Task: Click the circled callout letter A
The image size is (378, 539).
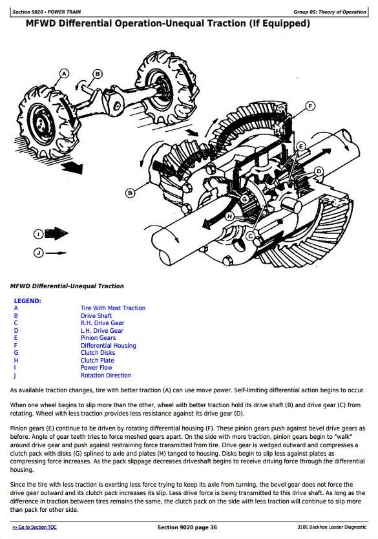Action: (x=64, y=73)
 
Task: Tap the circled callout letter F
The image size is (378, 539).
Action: (x=310, y=106)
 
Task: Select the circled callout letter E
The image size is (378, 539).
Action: (x=301, y=147)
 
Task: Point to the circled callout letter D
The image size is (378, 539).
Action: (x=319, y=171)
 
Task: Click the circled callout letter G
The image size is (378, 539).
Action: (x=245, y=199)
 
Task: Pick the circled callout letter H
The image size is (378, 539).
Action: (x=230, y=217)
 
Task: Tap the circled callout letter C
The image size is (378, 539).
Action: (x=251, y=236)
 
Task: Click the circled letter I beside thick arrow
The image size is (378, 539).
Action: (x=39, y=235)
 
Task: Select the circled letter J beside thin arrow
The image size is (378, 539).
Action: (x=39, y=253)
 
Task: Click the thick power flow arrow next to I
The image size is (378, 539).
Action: (x=56, y=234)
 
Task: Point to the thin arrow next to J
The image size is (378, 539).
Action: (x=56, y=253)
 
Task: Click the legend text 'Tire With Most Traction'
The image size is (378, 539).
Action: (x=113, y=308)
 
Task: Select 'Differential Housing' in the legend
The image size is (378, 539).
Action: (x=109, y=346)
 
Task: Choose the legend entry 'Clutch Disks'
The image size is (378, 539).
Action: (x=98, y=353)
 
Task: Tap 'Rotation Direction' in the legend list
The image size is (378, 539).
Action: (x=106, y=375)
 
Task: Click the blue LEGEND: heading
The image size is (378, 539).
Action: (x=28, y=301)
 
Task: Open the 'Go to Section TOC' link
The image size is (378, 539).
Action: (x=34, y=527)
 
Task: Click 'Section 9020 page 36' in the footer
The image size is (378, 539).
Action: (x=187, y=527)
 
